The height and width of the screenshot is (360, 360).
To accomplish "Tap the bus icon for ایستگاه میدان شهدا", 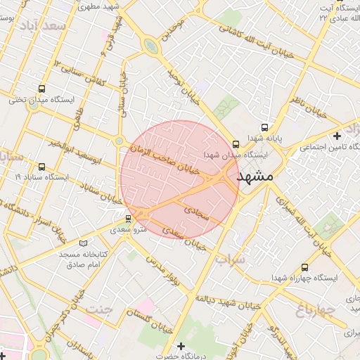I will click(236, 144).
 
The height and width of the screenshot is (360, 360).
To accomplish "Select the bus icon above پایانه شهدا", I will click(264, 127).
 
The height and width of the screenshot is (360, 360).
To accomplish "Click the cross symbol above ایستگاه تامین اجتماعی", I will click(337, 135).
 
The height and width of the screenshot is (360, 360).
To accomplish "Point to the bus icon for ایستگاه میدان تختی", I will click(42, 89).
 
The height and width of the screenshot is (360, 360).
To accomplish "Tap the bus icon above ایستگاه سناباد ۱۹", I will click(42, 167).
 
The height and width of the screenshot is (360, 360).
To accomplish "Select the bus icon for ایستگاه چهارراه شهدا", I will click(304, 267).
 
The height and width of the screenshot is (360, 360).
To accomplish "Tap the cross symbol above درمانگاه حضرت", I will click(181, 346).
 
